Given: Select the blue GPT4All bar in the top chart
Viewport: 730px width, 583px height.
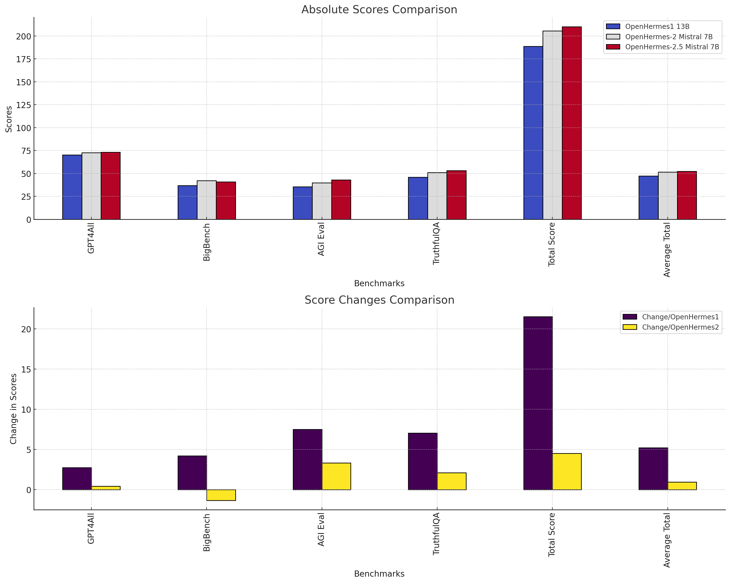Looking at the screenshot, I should (72, 187).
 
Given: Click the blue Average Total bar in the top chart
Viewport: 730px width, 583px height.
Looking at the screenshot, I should (648, 198).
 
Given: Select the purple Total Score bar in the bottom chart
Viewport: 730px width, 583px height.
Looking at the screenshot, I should (538, 403).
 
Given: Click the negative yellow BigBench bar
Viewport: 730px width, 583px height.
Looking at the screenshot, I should (221, 495).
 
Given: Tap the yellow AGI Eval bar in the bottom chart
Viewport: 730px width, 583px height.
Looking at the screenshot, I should (336, 476).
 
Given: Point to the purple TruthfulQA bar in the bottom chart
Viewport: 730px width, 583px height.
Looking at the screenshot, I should (422, 461).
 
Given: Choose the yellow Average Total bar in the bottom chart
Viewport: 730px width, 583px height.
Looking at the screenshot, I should (682, 486).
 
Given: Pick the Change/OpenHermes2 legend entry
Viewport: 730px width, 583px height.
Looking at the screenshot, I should (680, 327).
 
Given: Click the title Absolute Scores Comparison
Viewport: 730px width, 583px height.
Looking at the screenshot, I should (379, 10).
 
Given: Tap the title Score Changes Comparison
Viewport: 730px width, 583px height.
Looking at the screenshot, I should (379, 300).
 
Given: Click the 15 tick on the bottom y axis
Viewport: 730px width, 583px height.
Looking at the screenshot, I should (26, 369).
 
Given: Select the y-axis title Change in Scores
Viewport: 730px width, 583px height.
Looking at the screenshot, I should (13, 409).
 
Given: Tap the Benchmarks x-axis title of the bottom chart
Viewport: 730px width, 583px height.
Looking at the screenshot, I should (379, 573).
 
